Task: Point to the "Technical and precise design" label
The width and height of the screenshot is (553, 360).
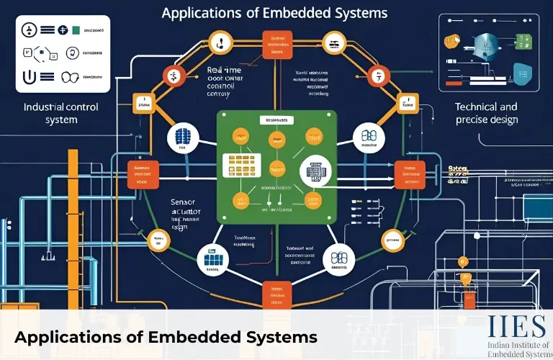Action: tap(486, 113)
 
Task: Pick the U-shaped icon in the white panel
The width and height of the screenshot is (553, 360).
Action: tap(31, 77)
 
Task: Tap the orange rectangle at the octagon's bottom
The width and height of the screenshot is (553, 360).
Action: tap(276, 290)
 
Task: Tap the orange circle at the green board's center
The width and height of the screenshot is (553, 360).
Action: tap(276, 171)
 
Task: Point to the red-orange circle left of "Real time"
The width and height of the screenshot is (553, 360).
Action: tap(173, 73)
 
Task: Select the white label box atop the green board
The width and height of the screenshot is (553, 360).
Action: tap(276, 120)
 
